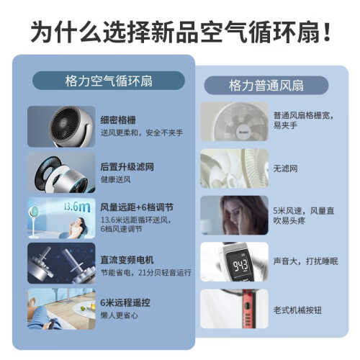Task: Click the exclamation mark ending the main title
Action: [327, 32]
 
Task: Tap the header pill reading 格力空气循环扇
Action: [109, 81]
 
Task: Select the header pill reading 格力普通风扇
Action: [266, 86]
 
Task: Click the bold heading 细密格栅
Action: [118, 120]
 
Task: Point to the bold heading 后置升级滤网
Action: [127, 167]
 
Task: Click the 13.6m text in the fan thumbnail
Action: [77, 207]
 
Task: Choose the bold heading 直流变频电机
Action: [127, 260]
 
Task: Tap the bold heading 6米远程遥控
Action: [125, 302]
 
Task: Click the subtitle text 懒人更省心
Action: [120, 315]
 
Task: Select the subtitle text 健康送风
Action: [115, 179]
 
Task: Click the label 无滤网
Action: [285, 168]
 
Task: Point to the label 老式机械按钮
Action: [297, 310]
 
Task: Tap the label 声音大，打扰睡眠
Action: [305, 261]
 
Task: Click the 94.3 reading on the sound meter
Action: [240, 265]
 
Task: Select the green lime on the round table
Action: [83, 308]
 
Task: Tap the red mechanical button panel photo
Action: [234, 309]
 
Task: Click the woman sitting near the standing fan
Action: [78, 227]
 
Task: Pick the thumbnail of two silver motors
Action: [61, 263]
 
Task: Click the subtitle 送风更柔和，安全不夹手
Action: [142, 132]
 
